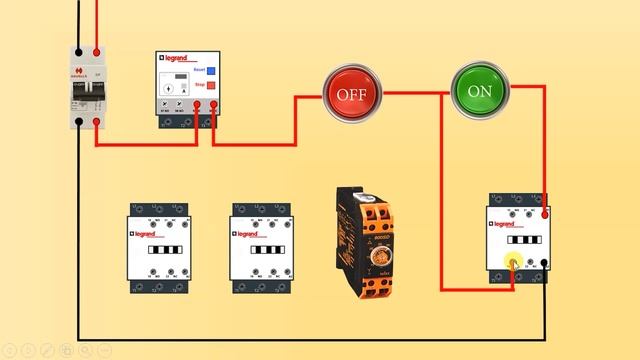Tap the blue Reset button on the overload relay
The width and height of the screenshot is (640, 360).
pyautogui.click(x=211, y=70)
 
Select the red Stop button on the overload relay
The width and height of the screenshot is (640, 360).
pyautogui.click(x=211, y=86)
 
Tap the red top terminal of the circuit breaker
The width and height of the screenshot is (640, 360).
pyautogui.click(x=96, y=52)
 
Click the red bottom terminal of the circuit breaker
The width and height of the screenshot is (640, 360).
pyautogui.click(x=96, y=123)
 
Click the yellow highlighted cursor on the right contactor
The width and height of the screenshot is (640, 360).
pyautogui.click(x=514, y=265)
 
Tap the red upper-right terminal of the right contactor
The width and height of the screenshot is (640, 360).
pyautogui.click(x=544, y=212)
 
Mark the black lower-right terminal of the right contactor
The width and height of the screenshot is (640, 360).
pyautogui.click(x=544, y=265)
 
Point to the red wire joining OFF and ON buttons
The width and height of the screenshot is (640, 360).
pyautogui.click(x=415, y=93)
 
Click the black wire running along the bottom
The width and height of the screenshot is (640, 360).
pyautogui.click(x=300, y=338)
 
